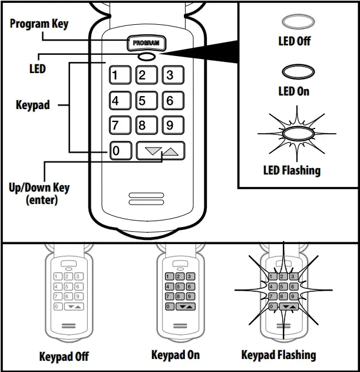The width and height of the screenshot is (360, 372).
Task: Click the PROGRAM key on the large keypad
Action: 147,43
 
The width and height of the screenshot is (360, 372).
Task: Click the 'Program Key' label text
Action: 39,24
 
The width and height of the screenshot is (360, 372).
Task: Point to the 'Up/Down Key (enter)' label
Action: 39,194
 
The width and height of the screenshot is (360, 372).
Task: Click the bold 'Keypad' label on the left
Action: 32,106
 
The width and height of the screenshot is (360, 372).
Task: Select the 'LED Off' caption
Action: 294,41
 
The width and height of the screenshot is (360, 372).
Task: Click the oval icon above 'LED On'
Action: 294,73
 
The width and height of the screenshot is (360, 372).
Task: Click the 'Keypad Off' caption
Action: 64,357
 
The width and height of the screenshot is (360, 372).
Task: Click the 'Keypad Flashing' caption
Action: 278,355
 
